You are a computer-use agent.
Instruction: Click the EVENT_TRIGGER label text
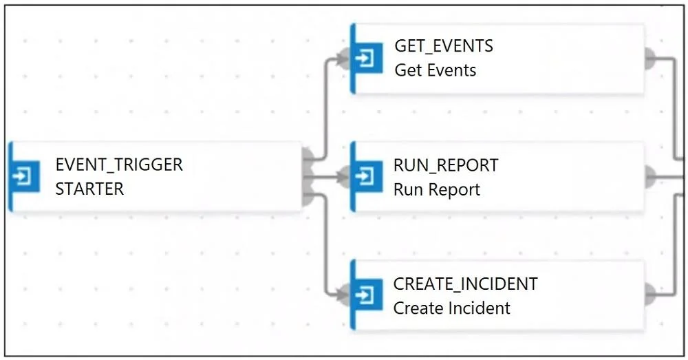(119, 165)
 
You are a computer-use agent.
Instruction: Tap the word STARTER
(89, 189)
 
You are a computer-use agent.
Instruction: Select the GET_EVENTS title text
(444, 46)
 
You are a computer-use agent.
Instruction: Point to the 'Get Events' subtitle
(436, 70)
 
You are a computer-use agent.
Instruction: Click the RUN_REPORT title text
(446, 165)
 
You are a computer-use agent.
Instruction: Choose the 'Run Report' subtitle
(437, 190)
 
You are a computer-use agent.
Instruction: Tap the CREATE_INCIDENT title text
(465, 284)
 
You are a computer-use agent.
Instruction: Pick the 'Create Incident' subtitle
(451, 308)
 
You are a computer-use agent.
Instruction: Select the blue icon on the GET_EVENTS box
(367, 58)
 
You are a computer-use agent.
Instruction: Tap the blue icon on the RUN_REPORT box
(367, 177)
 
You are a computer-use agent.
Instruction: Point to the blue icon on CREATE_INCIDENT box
(367, 295)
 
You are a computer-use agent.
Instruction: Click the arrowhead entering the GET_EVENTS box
(343, 58)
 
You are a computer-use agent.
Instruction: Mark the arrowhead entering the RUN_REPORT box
(343, 177)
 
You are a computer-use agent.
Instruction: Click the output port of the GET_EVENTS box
(650, 59)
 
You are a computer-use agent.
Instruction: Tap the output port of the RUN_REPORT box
(650, 177)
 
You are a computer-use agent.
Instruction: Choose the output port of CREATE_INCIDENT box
(650, 294)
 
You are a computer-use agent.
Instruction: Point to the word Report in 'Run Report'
(454, 190)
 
